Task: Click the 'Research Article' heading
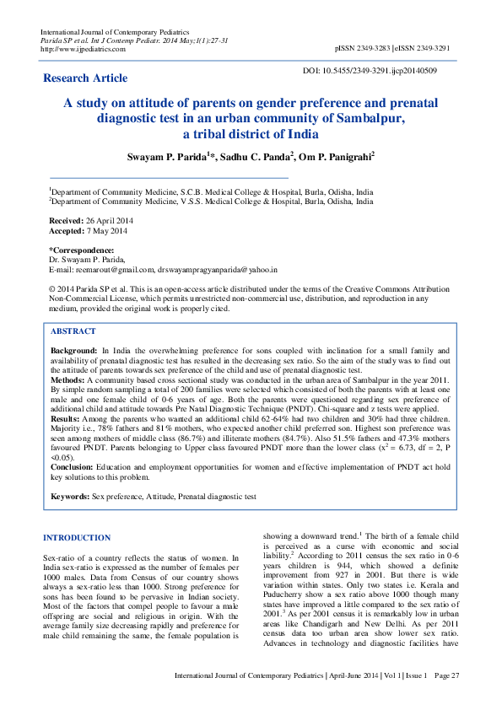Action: click(x=85, y=78)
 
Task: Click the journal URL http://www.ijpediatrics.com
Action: click(x=83, y=49)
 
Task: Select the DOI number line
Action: click(x=370, y=71)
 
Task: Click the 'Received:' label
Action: click(x=66, y=219)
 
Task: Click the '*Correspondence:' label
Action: click(x=81, y=250)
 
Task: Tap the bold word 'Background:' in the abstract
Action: click(x=73, y=349)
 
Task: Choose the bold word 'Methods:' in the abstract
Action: click(x=68, y=380)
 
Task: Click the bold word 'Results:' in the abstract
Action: click(x=67, y=418)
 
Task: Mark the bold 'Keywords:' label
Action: click(x=70, y=498)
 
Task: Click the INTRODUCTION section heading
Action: click(x=77, y=537)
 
